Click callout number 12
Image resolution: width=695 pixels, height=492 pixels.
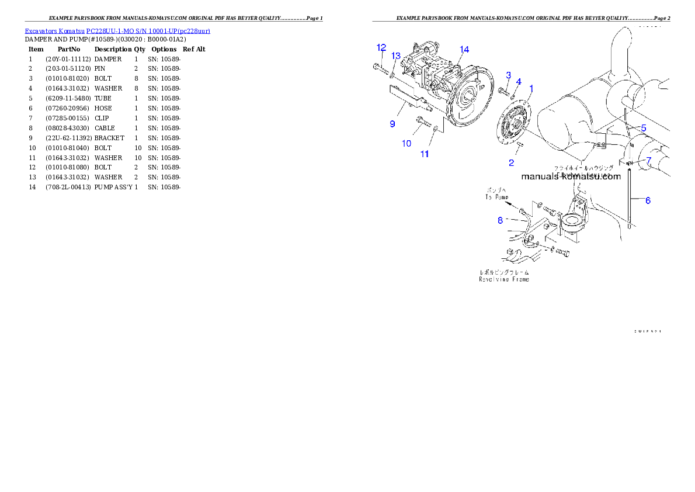381,47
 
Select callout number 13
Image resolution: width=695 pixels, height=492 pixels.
396,56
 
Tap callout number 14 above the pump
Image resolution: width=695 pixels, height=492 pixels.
464,50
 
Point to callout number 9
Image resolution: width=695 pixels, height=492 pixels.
392,123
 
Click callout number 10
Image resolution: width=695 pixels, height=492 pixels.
407,143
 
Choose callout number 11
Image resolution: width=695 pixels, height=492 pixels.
425,154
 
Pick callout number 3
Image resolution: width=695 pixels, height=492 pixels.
509,75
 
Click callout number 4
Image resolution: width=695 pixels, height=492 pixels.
519,82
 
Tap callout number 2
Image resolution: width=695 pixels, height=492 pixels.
511,162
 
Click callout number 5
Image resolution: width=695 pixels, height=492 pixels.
643,127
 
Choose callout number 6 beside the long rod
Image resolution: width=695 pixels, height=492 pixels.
648,200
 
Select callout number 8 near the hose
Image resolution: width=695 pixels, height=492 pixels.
500,220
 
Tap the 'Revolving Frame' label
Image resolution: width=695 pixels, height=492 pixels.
504,279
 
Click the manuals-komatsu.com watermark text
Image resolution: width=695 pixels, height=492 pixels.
571,177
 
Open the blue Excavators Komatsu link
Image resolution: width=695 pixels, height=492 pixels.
117,30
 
